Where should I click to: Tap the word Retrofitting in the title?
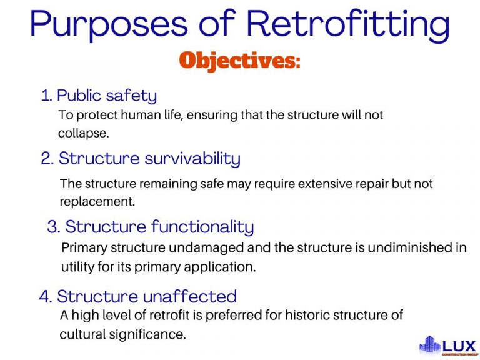click(x=347, y=24)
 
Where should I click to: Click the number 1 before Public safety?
click(x=45, y=96)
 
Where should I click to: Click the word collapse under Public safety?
click(x=82, y=133)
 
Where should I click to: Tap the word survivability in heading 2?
click(x=192, y=159)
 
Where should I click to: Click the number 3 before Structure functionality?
click(x=52, y=227)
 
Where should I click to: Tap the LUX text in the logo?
click(x=460, y=344)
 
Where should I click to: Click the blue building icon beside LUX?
click(x=429, y=344)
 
